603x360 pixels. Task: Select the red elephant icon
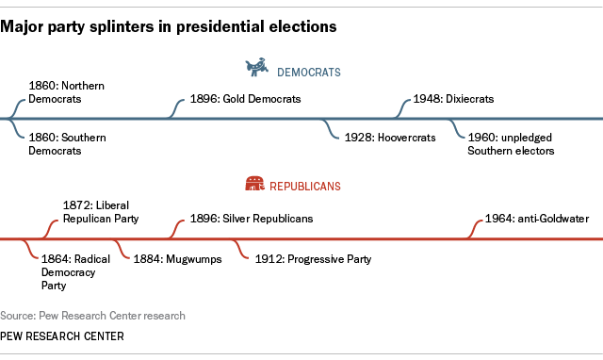tap(254, 186)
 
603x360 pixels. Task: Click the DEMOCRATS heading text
tap(308, 71)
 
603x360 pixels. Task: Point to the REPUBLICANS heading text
tap(306, 187)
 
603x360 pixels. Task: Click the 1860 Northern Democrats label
tap(66, 91)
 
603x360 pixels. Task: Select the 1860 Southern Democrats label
tap(66, 143)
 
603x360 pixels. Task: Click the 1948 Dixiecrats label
tap(454, 99)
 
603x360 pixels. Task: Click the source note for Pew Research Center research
tap(93, 316)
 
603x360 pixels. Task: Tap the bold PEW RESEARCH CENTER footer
tap(61, 336)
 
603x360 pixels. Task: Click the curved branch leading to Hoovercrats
tap(331, 129)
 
